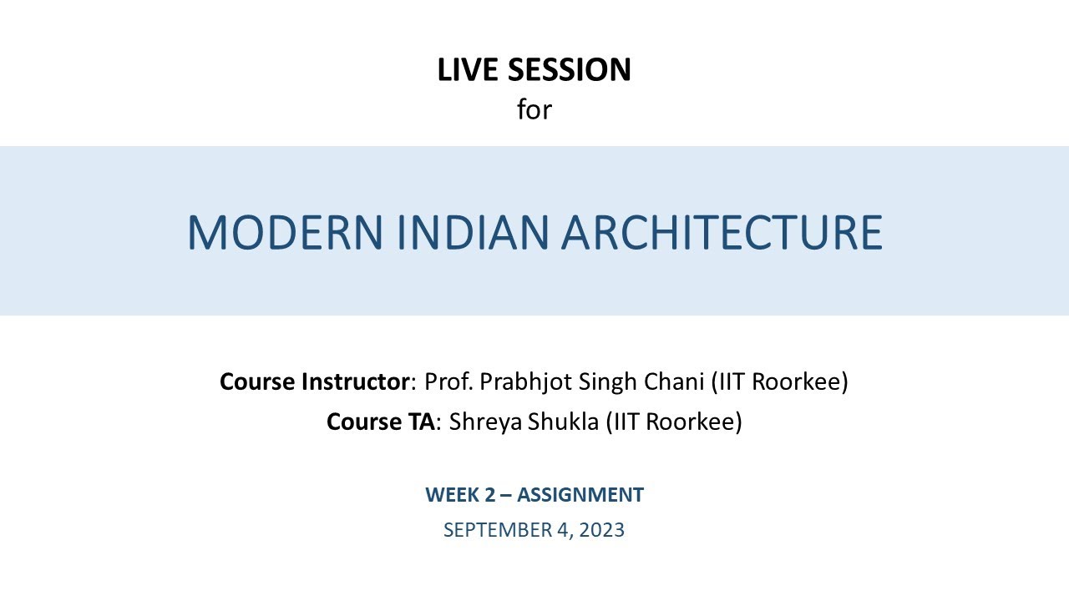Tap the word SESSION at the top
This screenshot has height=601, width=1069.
574,70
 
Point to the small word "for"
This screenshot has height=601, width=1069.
534,109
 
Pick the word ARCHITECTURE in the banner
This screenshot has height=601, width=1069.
722,233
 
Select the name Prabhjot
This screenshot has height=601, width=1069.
514,382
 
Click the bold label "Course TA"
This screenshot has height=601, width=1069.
381,422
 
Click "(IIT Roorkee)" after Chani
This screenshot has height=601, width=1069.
779,382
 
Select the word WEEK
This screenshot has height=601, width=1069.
451,495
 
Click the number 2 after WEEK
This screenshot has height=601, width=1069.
488,495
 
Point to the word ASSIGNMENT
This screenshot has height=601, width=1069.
580,495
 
